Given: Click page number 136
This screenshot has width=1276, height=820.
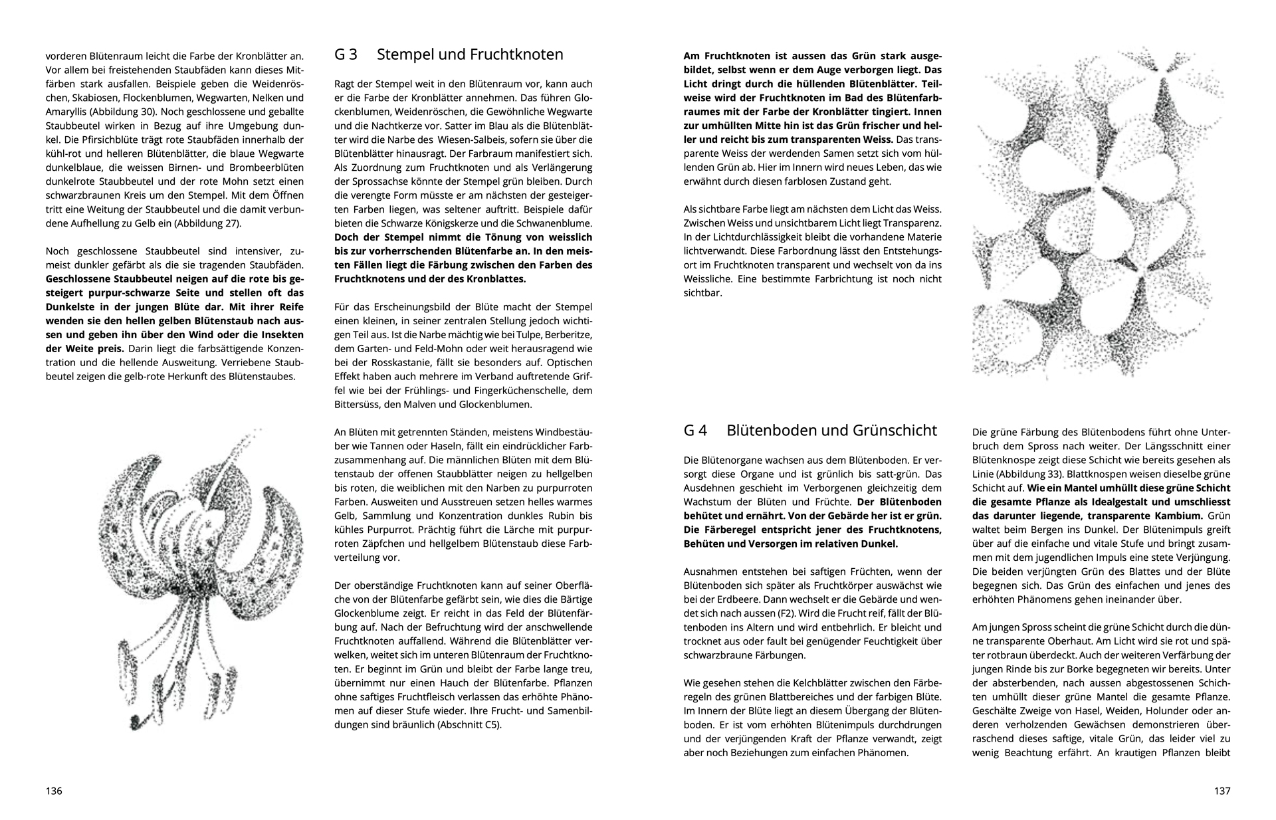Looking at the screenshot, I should point(54,791).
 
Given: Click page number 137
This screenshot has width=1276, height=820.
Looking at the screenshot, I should point(1222,791).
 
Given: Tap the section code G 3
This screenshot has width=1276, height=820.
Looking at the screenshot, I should point(346,54).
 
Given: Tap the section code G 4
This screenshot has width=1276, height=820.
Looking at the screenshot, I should point(695,430).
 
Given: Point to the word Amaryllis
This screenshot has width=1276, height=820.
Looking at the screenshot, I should point(66,112).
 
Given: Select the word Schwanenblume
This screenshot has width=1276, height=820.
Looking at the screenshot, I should point(560,223).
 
